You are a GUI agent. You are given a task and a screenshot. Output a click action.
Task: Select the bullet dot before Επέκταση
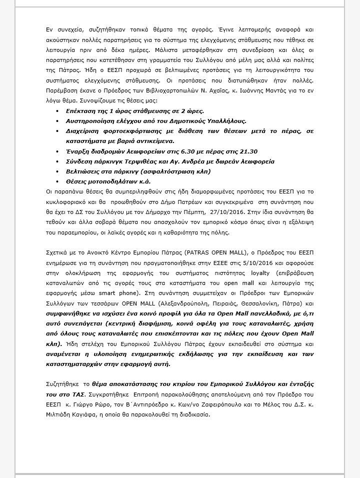pyautogui.click(x=57, y=111)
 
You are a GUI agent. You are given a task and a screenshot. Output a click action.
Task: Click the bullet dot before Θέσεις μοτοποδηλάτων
pyautogui.click(x=57, y=180)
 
